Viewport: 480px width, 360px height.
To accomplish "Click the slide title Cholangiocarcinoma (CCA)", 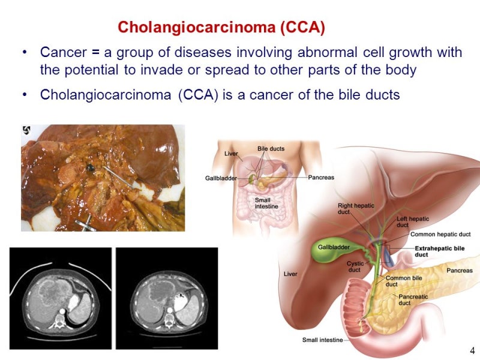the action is pos(221,27).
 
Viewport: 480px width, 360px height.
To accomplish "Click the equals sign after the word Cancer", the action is pos(95,52).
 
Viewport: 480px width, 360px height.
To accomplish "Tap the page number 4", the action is pos(472,350).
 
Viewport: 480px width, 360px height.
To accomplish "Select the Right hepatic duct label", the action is pos(356,208).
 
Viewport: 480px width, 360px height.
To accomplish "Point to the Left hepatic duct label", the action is pos(413,221).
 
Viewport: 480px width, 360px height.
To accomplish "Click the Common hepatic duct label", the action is pos(440,234).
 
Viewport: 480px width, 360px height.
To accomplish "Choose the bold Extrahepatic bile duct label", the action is pos(440,251).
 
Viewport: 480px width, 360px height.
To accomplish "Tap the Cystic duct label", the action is pos(355,266).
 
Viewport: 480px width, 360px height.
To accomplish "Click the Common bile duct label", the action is pos(403,281).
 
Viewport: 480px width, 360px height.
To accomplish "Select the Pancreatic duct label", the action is pos(413,299).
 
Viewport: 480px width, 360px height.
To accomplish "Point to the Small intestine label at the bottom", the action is pos(322,340).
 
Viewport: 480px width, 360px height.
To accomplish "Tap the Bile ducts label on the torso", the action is pos(271,148).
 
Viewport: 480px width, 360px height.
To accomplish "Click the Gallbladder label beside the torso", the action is pos(221,178).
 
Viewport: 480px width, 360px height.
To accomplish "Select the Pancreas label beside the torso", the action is pos(321,177).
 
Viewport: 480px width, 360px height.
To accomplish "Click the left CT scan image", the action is pos(61,298).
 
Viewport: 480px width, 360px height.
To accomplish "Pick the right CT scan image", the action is pos(167,298).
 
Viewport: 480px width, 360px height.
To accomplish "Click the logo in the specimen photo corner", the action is pos(26,130).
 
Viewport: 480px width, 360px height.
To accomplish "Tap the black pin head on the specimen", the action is pos(91,167).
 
